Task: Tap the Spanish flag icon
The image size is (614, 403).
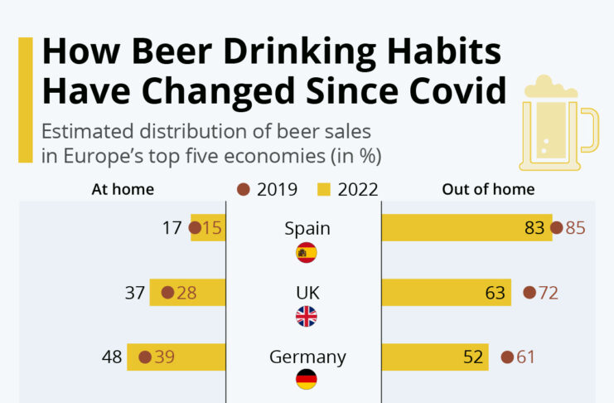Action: coord(307,253)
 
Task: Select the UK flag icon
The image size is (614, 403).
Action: coord(307,316)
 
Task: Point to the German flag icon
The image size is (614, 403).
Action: coord(307,380)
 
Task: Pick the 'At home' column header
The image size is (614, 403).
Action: coord(123,189)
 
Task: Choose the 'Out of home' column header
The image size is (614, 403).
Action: coord(488,189)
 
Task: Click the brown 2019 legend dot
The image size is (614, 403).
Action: coord(244,189)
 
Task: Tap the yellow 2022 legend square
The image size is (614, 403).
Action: coord(325,189)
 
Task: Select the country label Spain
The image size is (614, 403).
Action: coord(307,229)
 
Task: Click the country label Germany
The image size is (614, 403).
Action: coord(307,357)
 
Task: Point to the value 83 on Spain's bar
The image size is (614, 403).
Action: coord(534,228)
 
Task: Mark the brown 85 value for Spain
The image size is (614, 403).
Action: coord(575,228)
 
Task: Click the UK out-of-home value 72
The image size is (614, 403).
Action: coord(548,292)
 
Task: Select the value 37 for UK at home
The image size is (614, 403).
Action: coord(135,292)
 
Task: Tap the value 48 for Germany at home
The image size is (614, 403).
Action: coord(113,357)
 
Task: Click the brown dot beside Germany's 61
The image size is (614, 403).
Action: coord(508,357)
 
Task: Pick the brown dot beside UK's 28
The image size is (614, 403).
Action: coord(167,292)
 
